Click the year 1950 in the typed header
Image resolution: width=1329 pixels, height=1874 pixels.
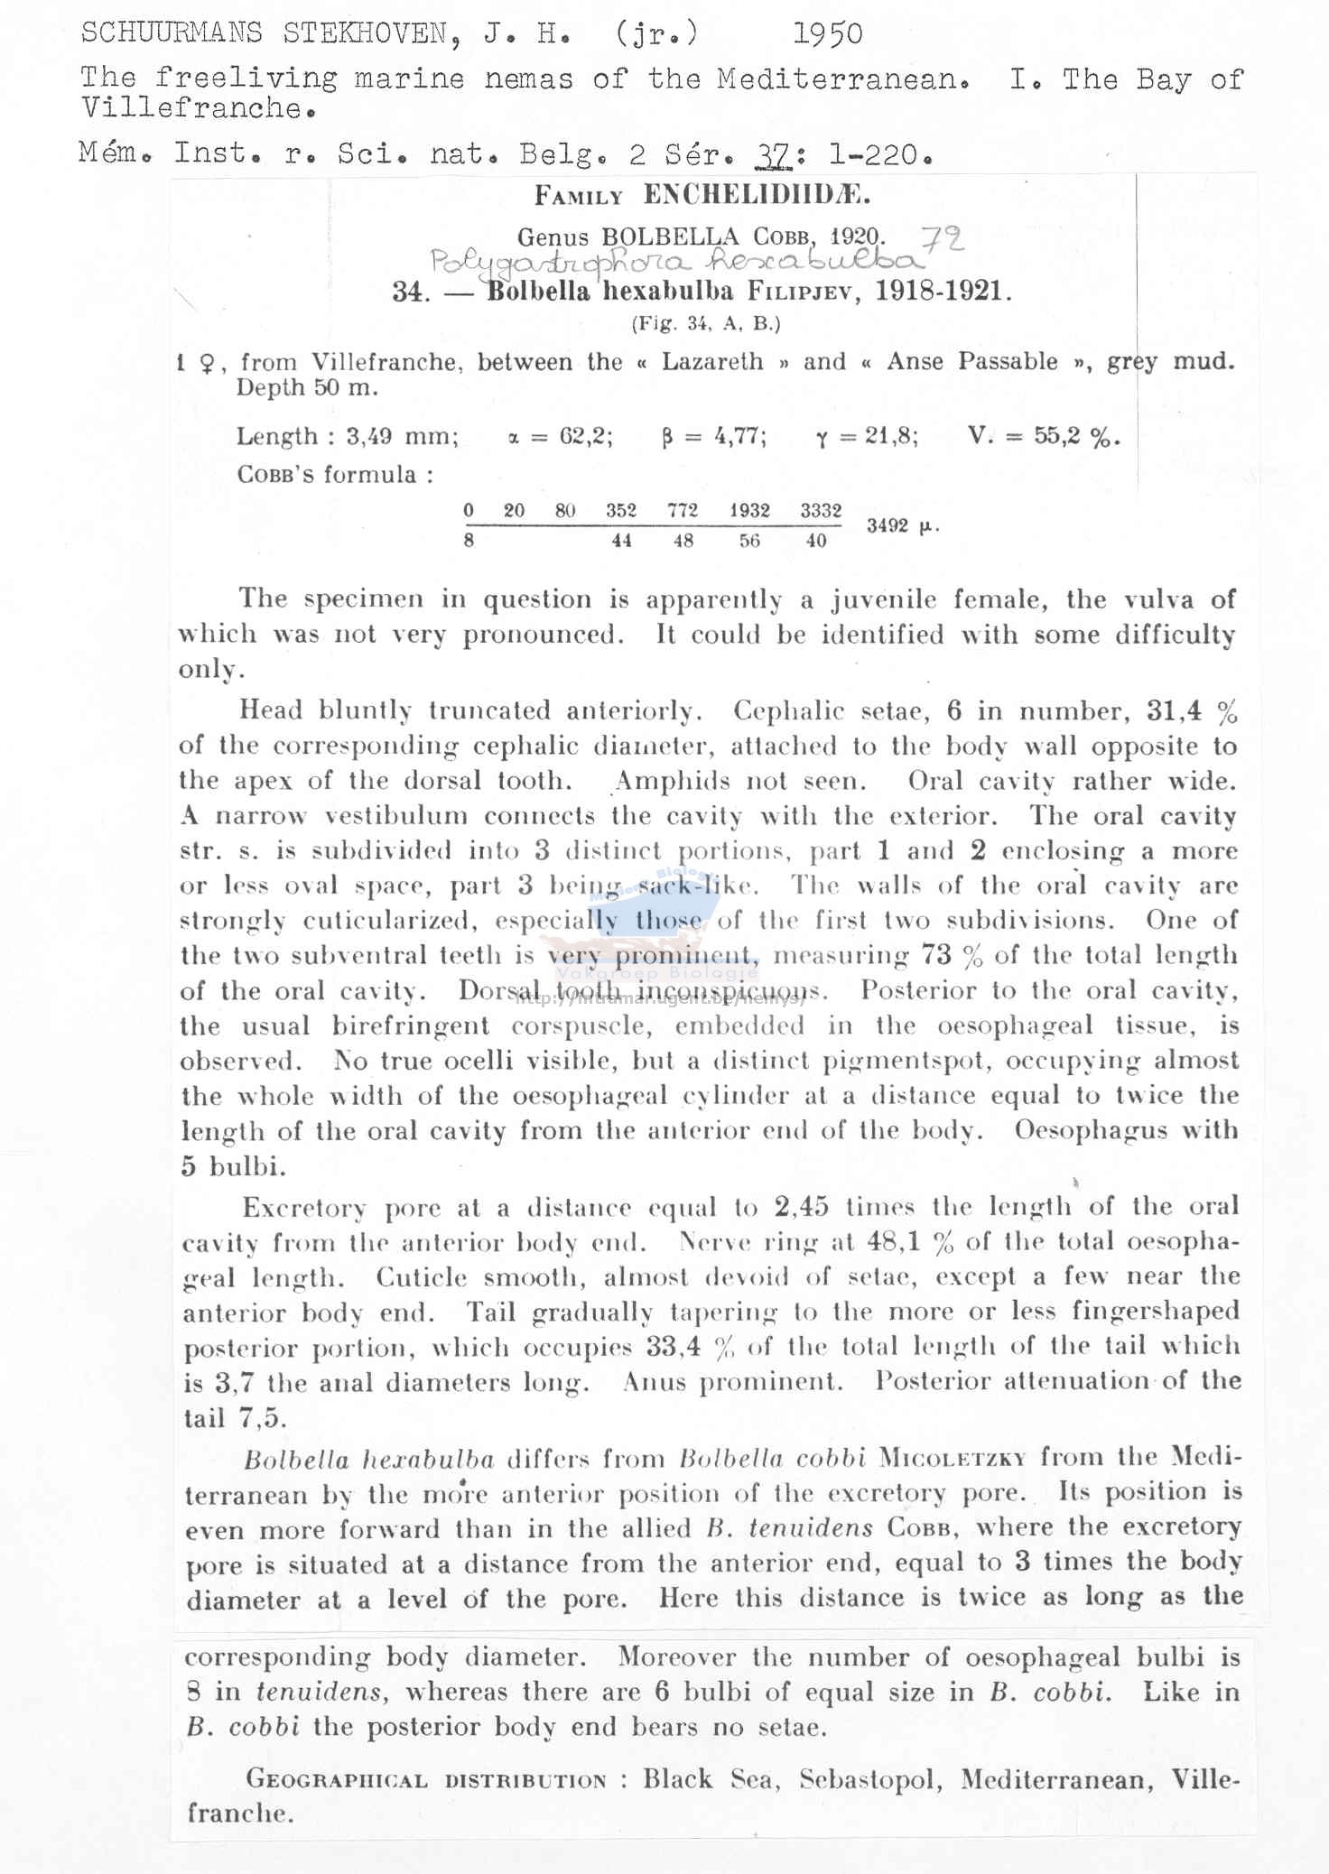coord(827,34)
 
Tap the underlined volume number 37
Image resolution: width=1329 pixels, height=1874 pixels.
coord(774,154)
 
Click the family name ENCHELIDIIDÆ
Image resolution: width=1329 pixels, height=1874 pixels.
coord(757,194)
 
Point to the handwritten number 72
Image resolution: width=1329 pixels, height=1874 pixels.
coord(943,239)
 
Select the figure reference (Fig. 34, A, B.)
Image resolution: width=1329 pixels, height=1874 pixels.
coord(705,323)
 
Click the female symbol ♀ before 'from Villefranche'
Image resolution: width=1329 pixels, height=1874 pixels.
coord(207,363)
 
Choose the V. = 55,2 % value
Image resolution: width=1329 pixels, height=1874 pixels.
coord(1043,437)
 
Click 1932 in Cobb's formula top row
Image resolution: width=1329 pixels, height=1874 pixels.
coord(749,510)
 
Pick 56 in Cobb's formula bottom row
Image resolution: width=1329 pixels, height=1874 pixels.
coord(749,541)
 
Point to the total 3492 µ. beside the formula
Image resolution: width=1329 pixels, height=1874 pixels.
coord(902,525)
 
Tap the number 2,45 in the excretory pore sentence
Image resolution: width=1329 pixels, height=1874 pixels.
coord(801,1207)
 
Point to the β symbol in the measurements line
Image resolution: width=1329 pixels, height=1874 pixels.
coord(667,437)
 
